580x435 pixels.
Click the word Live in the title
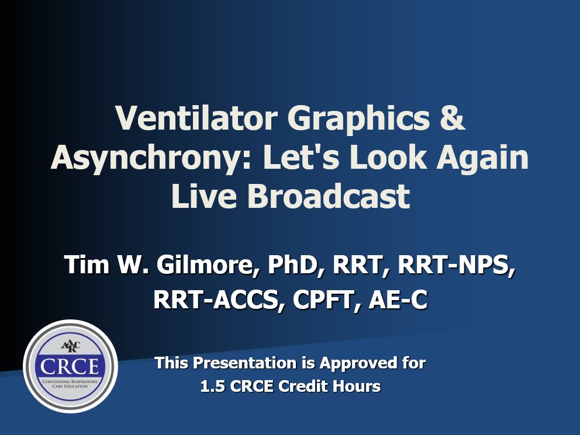pos(204,196)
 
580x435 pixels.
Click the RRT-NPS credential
pos(456,265)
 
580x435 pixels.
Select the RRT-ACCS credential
pos(218,299)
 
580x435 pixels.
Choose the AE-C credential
pos(398,299)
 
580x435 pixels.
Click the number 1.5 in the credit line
pos(213,387)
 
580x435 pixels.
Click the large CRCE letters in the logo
pos(70,366)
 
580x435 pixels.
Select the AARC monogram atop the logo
pos(70,347)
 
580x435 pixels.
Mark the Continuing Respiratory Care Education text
pos(70,384)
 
